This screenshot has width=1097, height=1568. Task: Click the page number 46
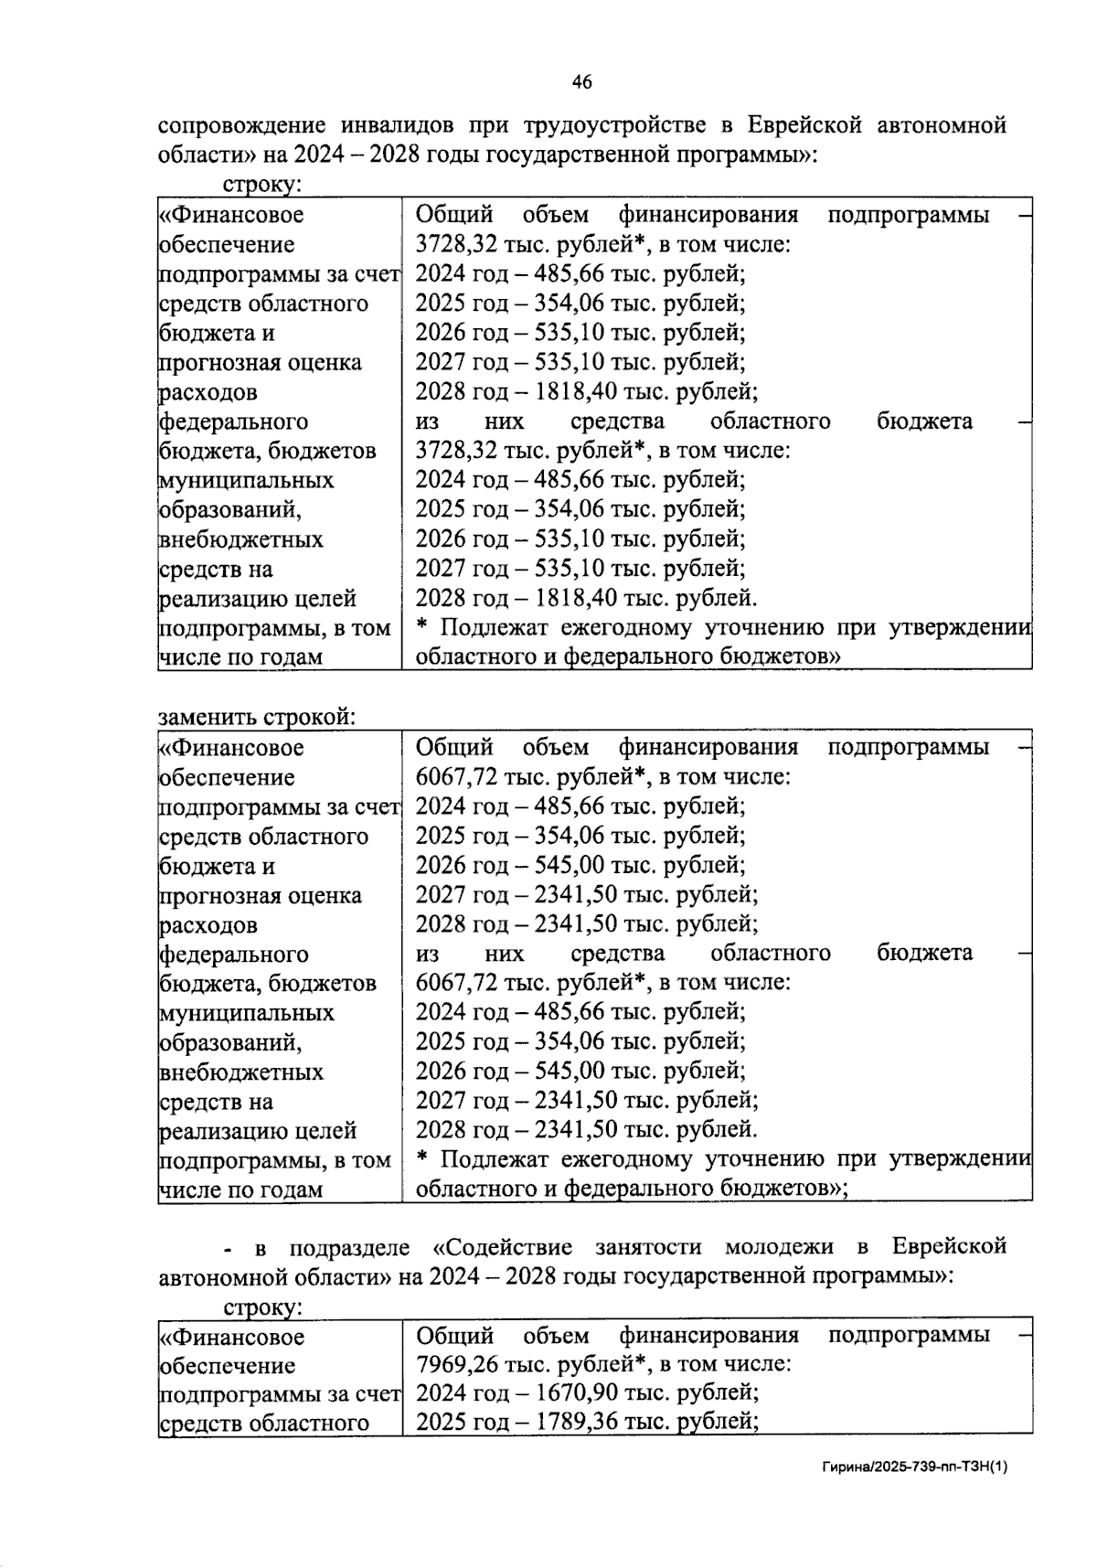pos(581,82)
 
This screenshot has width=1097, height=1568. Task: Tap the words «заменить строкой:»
pos(256,717)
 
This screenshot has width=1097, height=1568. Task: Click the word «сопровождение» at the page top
pos(238,125)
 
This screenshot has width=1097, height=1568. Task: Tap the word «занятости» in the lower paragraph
pos(648,1246)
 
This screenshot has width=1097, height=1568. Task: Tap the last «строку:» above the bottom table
pos(262,1307)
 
